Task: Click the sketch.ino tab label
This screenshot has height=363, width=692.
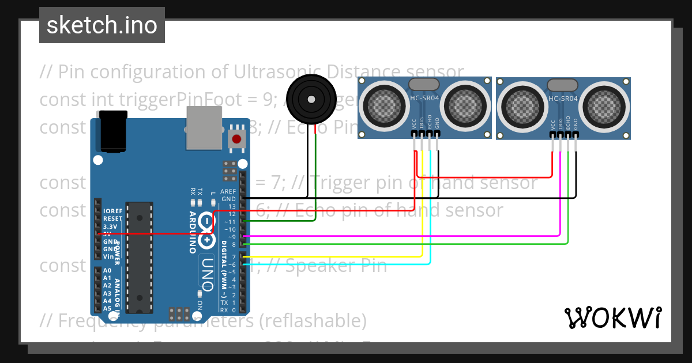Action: pos(102,25)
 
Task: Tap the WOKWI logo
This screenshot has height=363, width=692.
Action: pos(612,317)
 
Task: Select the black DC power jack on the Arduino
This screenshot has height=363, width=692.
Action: pos(113,131)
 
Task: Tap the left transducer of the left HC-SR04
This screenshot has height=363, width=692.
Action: pos(383,105)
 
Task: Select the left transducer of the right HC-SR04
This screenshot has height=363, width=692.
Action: pos(521,105)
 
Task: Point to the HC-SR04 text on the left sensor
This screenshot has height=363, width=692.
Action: pos(424,98)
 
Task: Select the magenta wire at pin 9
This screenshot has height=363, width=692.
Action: pos(404,235)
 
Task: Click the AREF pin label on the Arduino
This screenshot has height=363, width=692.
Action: pos(228,191)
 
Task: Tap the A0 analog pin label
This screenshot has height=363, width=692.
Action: pos(107,270)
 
